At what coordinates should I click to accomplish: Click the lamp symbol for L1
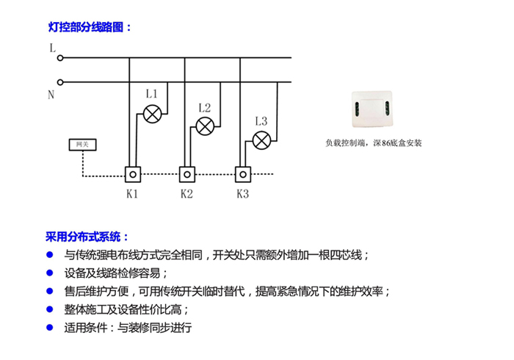pos(152,114)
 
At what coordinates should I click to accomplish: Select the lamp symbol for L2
pos(206,126)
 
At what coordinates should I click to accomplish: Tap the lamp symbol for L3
pos(261,140)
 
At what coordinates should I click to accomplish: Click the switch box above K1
pos(133,174)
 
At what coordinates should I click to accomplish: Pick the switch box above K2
pos(188,174)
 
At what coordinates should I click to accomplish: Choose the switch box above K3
pos(243,174)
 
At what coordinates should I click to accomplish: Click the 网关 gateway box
pos(82,145)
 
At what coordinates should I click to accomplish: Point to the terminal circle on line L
pos(60,57)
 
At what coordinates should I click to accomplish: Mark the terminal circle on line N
pos(60,82)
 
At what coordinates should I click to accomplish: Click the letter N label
pos(51,95)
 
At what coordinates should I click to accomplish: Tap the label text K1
pos(132,195)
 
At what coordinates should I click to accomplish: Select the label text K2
pos(187,195)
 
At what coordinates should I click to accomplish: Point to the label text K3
pos(242,195)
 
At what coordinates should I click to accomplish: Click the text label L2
pos(205,107)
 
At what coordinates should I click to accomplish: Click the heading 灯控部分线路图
pos(89,27)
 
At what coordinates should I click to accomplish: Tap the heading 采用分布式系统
pos(87,237)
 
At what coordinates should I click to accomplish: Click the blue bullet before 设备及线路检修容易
pos(50,273)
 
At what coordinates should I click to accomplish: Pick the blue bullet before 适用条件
pos(50,327)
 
